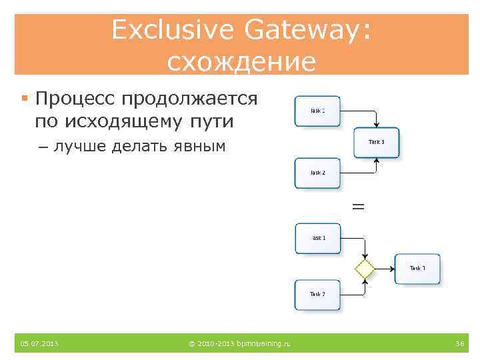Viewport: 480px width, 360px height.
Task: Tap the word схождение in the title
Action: coord(241,62)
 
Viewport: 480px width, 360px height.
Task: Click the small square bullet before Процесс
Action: coord(24,99)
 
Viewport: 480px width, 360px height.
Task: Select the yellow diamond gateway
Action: coord(365,269)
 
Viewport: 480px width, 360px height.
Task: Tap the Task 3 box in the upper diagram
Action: coord(377,142)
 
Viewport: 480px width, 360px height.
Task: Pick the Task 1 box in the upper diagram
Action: coord(318,111)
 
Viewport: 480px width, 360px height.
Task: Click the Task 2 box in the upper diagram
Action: coord(318,173)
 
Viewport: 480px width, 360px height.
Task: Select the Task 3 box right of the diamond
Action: coord(418,269)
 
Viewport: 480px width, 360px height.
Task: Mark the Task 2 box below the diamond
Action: coord(318,295)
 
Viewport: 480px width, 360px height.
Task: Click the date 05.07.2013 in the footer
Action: coord(39,343)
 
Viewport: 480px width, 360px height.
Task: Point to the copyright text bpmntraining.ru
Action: coord(240,343)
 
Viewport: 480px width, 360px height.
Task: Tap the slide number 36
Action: coord(459,343)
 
